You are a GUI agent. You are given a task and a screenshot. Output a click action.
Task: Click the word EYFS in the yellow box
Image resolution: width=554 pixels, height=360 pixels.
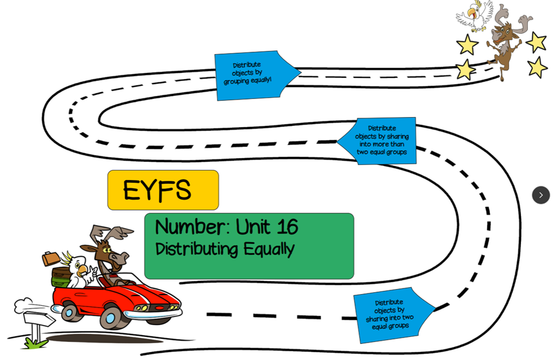coord(157,191)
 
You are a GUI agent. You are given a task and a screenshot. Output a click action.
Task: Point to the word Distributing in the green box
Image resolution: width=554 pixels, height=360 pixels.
coord(196,249)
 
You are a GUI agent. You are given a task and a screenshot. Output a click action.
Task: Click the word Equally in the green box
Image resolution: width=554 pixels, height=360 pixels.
coord(269,249)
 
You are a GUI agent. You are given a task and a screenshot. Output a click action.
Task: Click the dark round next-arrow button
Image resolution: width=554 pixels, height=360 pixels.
coord(540,195)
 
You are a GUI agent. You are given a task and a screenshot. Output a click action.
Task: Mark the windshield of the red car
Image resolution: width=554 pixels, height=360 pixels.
coord(133,280)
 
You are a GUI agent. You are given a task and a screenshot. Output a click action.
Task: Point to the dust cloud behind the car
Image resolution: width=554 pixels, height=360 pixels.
coord(25,305)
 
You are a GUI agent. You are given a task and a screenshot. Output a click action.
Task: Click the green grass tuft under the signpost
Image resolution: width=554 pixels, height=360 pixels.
coord(34,342)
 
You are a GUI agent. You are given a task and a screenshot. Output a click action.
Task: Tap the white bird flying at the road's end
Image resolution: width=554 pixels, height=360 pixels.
coord(475,16)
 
